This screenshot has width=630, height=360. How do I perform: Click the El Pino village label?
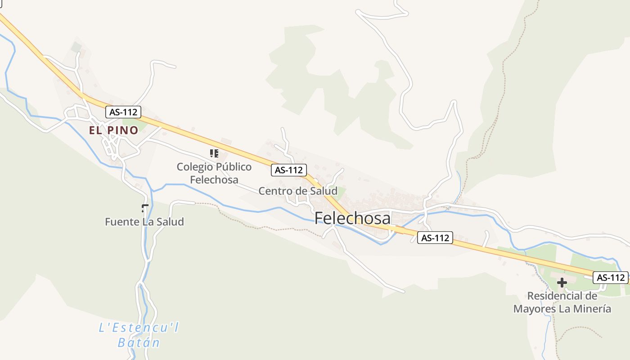(x=113, y=130)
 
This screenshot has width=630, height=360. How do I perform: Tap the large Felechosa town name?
(x=352, y=218)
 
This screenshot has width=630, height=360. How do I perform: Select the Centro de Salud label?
(x=297, y=191)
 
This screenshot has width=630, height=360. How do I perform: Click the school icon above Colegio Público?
(x=214, y=153)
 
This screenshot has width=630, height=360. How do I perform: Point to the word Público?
(x=234, y=167)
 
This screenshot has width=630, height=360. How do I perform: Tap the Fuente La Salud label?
(x=144, y=222)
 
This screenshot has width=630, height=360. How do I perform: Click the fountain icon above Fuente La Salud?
(x=144, y=208)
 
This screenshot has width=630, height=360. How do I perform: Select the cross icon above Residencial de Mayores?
(x=562, y=283)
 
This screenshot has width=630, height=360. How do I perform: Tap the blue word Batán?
(x=139, y=343)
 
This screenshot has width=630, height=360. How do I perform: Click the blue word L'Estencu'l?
(x=139, y=328)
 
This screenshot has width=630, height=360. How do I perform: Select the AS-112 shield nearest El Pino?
(x=123, y=112)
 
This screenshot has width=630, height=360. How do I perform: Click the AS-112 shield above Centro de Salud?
(x=289, y=170)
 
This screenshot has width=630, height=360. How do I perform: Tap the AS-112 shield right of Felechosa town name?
(x=435, y=238)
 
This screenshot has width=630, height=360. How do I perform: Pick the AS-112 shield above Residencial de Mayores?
(x=610, y=278)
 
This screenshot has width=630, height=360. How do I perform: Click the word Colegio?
(x=195, y=167)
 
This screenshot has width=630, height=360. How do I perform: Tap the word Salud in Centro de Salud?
(x=323, y=191)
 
